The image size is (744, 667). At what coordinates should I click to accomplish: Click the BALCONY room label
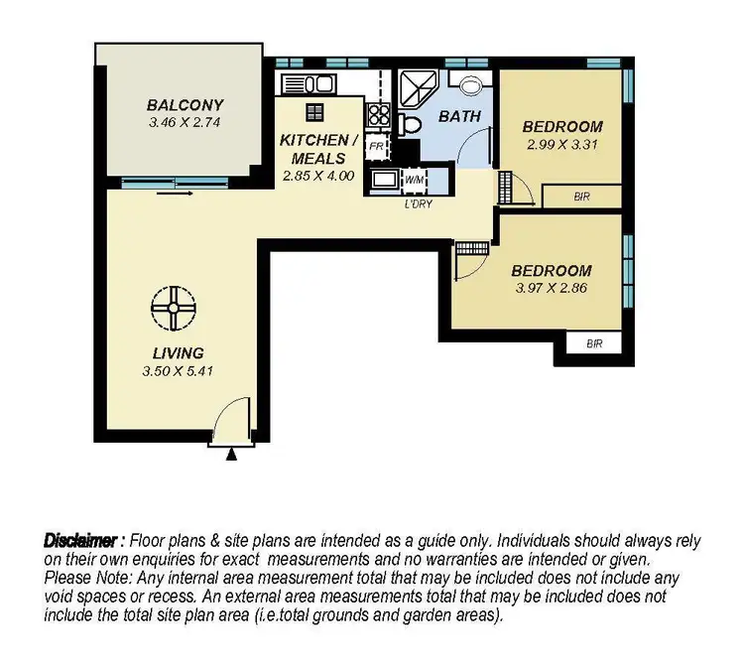(x=185, y=104)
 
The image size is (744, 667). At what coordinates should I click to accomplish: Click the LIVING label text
(x=179, y=352)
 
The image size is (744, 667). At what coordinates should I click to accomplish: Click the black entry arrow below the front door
(x=232, y=454)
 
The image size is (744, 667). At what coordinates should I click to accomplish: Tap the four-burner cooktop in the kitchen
(x=378, y=114)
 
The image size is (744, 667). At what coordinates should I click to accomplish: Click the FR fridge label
(x=376, y=146)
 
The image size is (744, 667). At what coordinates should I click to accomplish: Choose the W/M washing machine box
(x=414, y=180)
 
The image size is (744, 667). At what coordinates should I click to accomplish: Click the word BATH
(x=460, y=116)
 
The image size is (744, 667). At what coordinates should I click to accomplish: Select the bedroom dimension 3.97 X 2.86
(x=551, y=289)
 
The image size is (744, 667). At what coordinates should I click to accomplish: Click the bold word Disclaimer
(x=81, y=541)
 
